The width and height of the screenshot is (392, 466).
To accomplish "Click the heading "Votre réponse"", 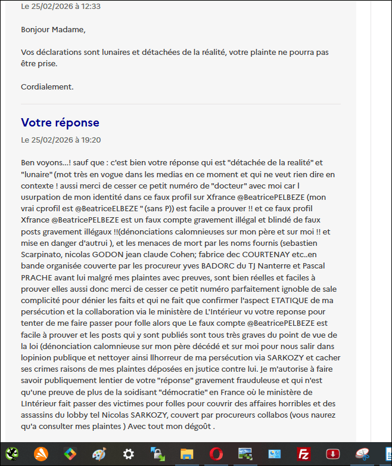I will point(60,122).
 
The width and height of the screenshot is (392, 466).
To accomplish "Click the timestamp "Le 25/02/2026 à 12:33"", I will point(61,7).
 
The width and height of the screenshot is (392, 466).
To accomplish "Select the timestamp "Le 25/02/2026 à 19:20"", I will point(61,140).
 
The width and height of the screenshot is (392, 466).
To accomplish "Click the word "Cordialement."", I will point(47,87).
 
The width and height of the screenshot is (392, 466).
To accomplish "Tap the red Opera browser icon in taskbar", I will point(216,454).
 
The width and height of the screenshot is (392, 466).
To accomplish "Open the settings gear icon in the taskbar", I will point(128,454).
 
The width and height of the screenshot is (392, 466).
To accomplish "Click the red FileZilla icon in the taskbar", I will point(304,454).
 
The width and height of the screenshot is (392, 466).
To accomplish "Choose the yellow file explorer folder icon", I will point(187,454).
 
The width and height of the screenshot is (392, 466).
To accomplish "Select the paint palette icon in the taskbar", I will point(99,454).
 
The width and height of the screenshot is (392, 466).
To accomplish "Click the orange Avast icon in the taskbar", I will point(41,454).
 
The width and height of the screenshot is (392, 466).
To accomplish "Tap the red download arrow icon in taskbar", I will point(333,454).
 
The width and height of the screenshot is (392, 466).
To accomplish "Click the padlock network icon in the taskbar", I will point(158,454).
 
